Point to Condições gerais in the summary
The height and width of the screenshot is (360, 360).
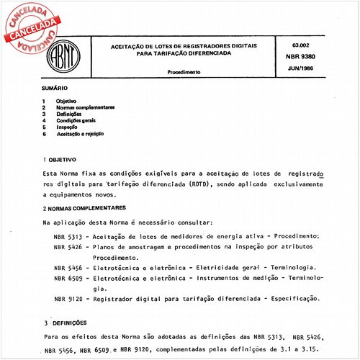[77, 120]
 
